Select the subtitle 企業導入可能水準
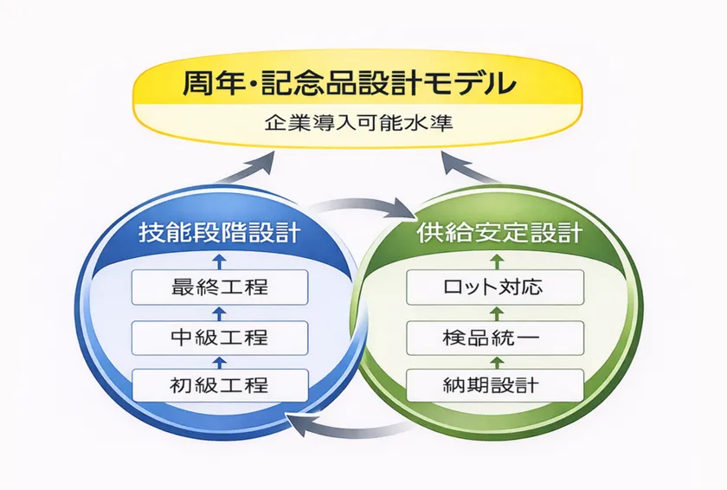tap(357, 122)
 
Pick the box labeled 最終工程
tap(220, 287)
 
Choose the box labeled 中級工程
tap(220, 336)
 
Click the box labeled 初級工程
tap(220, 384)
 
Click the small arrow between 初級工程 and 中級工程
tap(220, 360)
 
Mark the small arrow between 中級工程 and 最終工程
tap(220, 312)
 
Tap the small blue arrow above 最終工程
tap(220, 261)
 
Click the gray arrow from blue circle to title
tap(251, 168)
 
